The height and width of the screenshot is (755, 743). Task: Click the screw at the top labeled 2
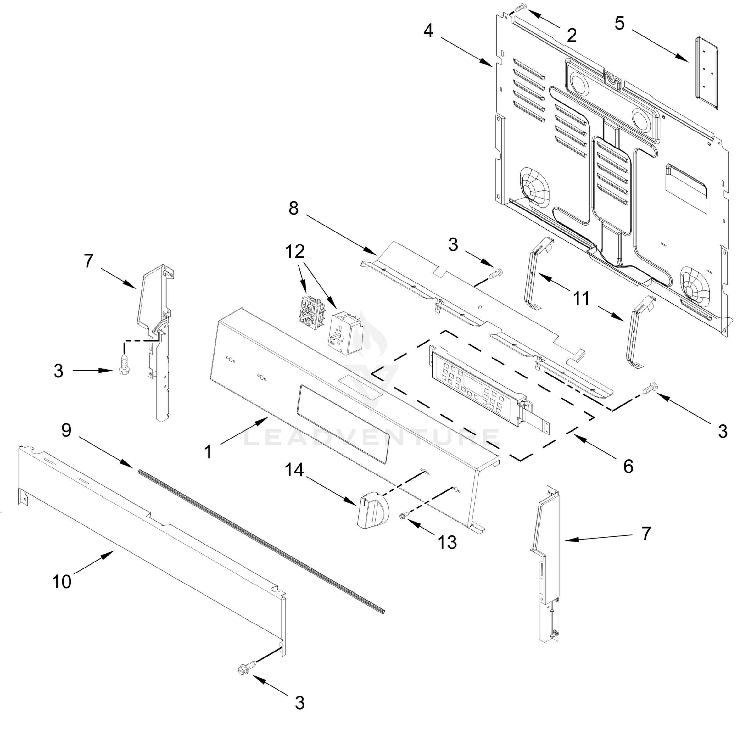[x=522, y=7]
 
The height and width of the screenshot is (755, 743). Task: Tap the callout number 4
[x=428, y=31]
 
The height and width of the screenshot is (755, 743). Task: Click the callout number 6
[x=628, y=466]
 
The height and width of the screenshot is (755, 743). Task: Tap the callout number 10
[x=62, y=581]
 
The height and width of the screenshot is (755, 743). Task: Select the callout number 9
[x=66, y=430]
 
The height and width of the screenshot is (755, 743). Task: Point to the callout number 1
[x=208, y=452]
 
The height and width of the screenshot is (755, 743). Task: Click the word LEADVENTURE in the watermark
[x=371, y=437]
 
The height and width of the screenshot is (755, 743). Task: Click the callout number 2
[x=571, y=36]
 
